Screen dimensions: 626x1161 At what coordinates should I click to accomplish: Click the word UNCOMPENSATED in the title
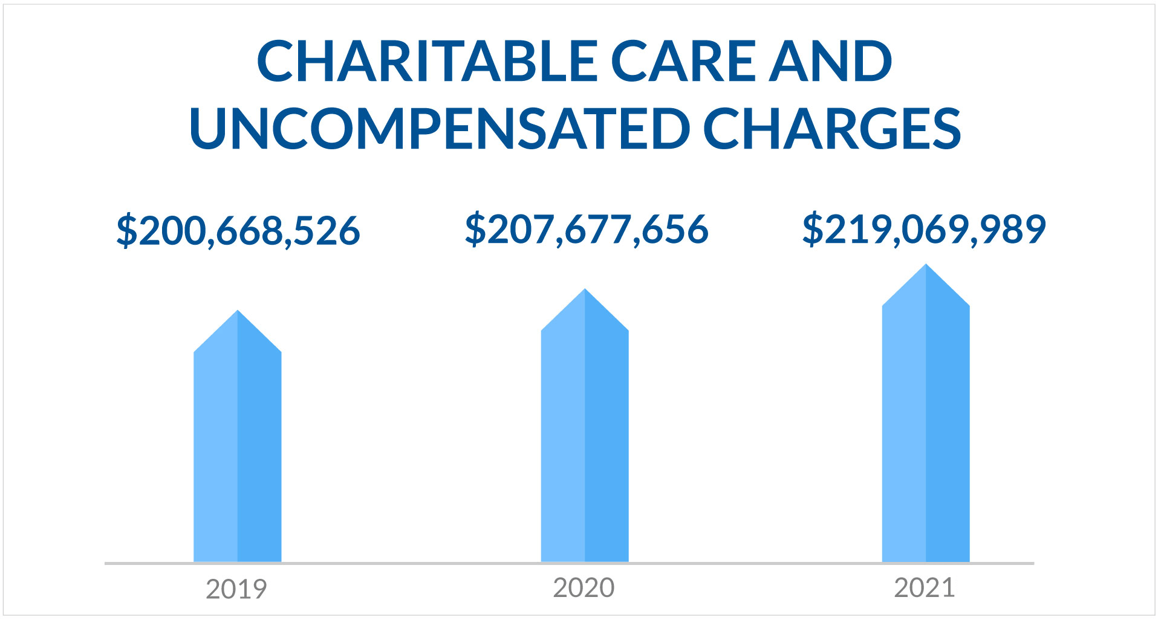coord(439,129)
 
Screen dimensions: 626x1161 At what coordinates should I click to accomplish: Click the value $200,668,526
coord(238,231)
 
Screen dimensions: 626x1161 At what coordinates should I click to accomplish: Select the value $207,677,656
coord(586,230)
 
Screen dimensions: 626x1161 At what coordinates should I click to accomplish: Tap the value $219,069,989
coord(924,230)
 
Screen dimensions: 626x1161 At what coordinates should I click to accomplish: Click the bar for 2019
coord(238,453)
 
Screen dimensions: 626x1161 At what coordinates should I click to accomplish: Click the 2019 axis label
coord(236,589)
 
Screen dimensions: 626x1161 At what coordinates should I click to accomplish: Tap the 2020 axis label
coord(584,588)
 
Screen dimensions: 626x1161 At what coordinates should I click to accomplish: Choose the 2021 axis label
coord(925,588)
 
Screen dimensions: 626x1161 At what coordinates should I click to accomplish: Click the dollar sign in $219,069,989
coord(813,230)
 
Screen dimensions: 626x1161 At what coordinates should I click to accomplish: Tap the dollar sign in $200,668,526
coord(126,231)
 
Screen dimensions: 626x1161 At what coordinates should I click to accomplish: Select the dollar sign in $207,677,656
coord(475,230)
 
